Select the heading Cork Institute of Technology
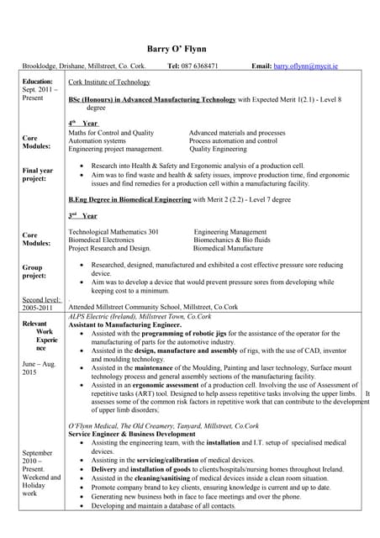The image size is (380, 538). pyautogui.click(x=109, y=82)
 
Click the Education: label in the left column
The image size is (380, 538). pyautogui.click(x=37, y=82)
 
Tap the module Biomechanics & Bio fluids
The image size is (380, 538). pyautogui.click(x=232, y=240)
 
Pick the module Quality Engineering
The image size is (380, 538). pyautogui.click(x=218, y=149)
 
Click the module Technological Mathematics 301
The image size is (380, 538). pyautogui.click(x=113, y=231)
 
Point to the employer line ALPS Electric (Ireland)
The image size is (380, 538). pyautogui.click(x=140, y=316)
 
